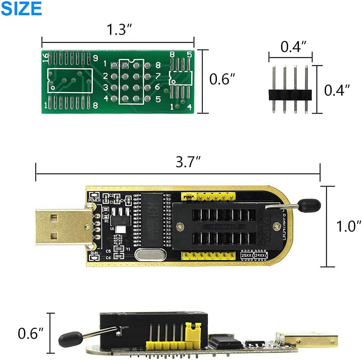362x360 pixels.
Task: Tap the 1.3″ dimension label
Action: [x=119, y=30]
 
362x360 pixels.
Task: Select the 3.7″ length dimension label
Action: [x=188, y=162]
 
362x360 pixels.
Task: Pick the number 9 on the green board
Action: [x=95, y=58]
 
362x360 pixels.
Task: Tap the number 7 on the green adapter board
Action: [x=157, y=76]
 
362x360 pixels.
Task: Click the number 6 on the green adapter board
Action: [x=157, y=87]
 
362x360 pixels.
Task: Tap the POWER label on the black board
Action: [x=94, y=200]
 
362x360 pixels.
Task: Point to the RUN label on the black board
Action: [x=94, y=254]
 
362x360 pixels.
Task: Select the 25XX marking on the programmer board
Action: [x=247, y=254]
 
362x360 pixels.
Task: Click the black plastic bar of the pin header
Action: [x=290, y=94]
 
